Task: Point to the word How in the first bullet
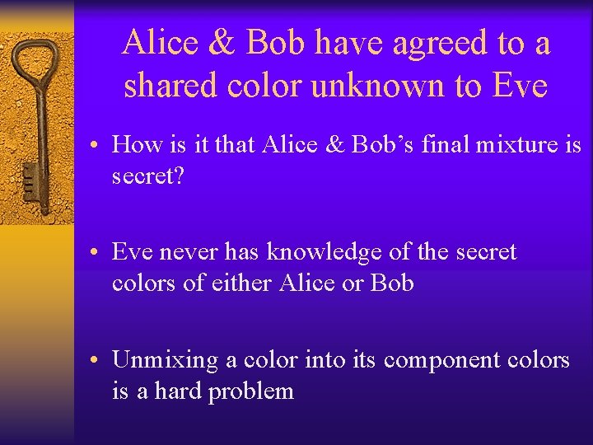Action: point(134,145)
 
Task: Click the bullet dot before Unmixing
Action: point(96,360)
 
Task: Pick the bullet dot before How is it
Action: point(96,146)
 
